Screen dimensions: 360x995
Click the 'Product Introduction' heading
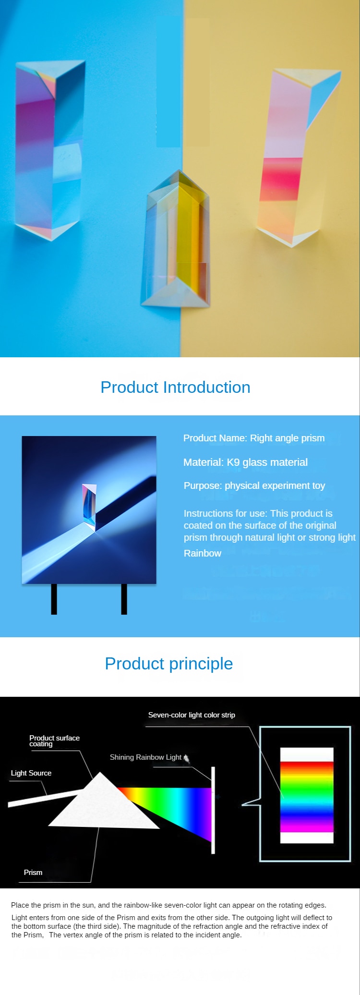coord(175,388)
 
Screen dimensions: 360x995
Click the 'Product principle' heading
coord(169,664)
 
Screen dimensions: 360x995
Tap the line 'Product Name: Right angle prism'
coord(254,438)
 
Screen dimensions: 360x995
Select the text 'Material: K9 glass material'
coord(245,462)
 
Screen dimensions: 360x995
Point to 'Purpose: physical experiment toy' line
coord(254,485)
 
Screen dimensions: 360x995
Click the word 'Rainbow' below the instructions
coord(203,553)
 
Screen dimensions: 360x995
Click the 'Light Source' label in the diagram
coord(31,773)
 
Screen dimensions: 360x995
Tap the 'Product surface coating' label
coord(54,741)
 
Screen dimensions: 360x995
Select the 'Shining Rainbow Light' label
coord(145,757)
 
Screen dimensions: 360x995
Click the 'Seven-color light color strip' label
coord(192,715)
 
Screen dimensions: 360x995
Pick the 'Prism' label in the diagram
coord(33,873)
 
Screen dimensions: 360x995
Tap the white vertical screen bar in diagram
coord(213,810)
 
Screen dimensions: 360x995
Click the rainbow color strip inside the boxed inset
coord(307,797)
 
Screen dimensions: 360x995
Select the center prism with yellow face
coord(176,239)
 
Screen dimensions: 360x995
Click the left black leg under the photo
coord(54,599)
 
